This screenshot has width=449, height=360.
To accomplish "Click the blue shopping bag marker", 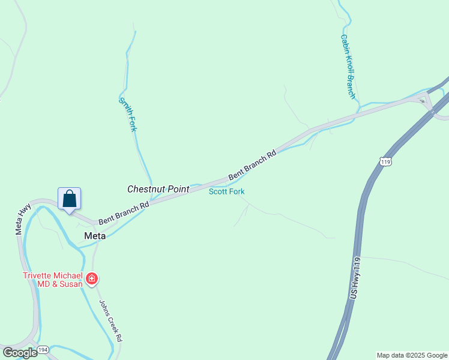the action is click(x=69, y=199).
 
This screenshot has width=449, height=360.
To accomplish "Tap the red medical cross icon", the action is click(x=92, y=278).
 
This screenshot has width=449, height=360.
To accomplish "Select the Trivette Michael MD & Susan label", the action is click(x=53, y=280).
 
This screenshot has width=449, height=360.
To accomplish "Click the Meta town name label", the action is click(x=95, y=236).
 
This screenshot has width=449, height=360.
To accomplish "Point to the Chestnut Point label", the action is click(x=158, y=189).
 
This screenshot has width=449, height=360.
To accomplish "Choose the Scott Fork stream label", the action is click(x=226, y=191).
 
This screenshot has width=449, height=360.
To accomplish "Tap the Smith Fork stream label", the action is click(x=128, y=115).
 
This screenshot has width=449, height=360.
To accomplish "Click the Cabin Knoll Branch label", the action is click(x=348, y=67).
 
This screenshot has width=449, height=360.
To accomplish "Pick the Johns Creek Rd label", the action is click(x=110, y=320).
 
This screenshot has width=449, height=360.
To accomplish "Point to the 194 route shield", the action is click(x=43, y=349).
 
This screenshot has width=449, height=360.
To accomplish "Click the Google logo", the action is click(x=19, y=353).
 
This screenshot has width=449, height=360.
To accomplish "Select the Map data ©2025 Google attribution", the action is click(x=412, y=355).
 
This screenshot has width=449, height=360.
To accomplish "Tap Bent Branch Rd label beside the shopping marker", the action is click(x=124, y=212).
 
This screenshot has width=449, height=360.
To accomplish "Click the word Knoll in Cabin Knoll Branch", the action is click(x=349, y=67).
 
